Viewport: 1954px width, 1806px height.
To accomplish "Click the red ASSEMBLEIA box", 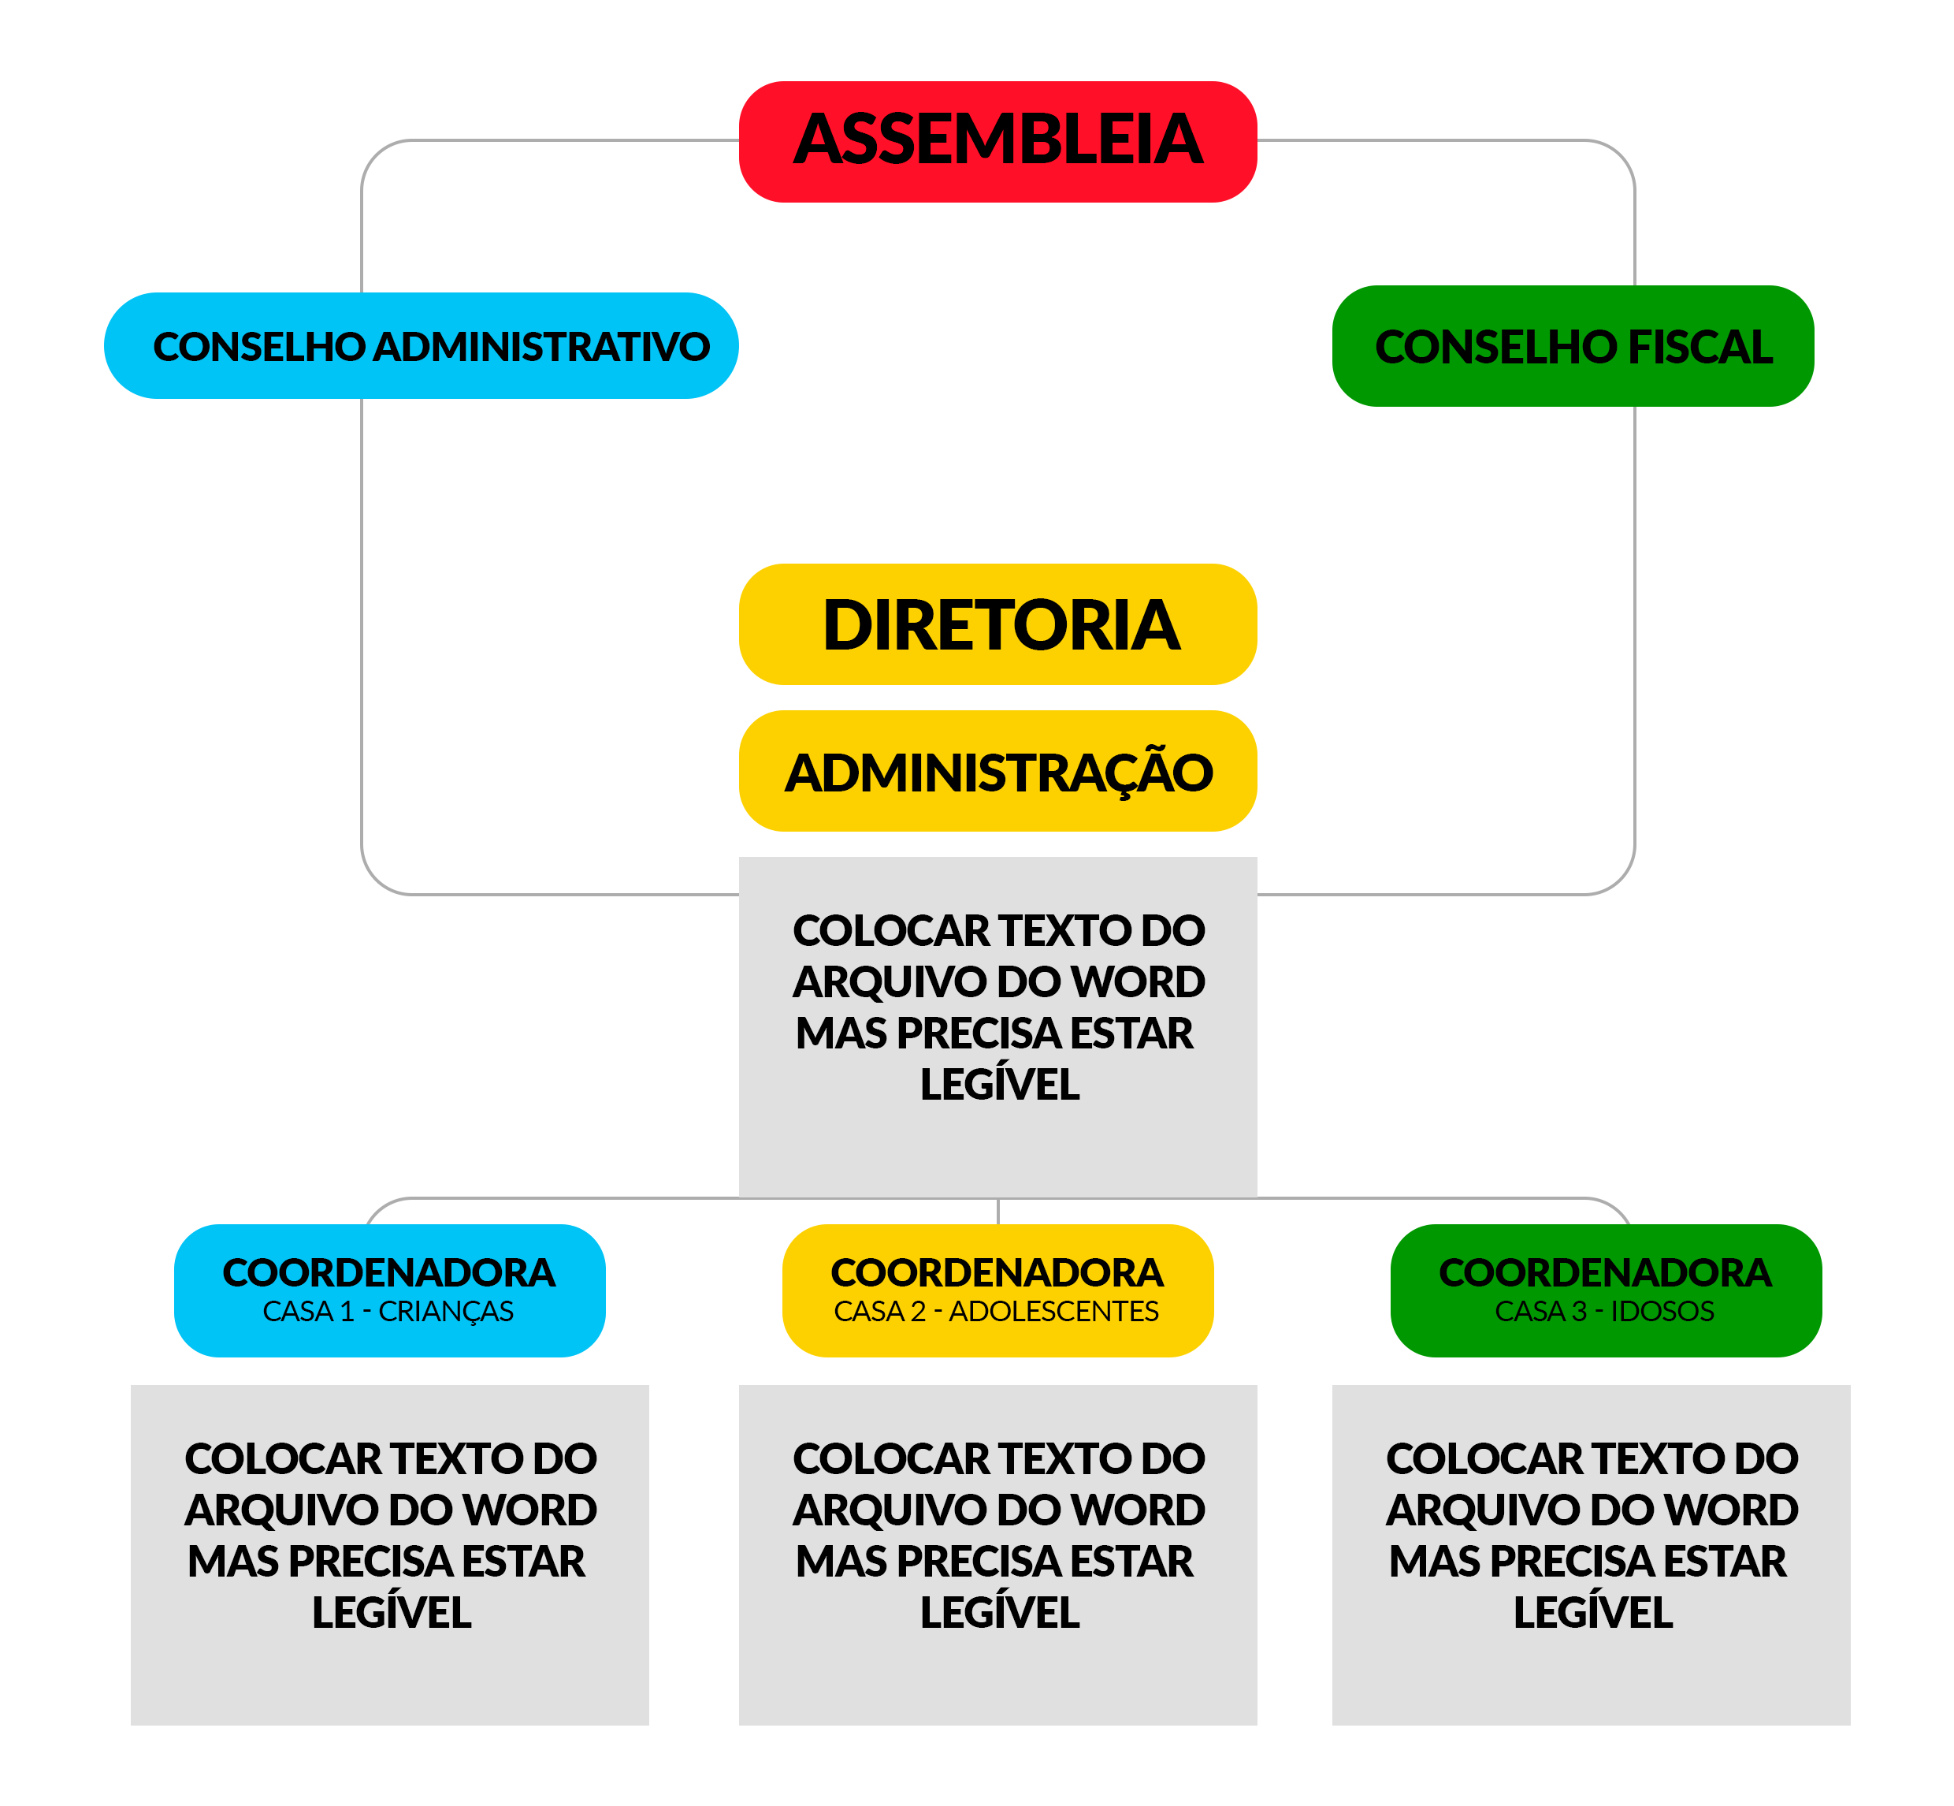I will [x=997, y=142].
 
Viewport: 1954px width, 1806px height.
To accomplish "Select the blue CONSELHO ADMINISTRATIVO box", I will [x=421, y=345].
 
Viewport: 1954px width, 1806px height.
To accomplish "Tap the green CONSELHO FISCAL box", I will [x=1572, y=346].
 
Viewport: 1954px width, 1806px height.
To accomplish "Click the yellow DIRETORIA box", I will [x=997, y=624].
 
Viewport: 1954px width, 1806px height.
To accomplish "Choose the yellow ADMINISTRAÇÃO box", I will [x=997, y=772].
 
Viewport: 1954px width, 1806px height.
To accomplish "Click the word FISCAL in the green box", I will [x=1700, y=347].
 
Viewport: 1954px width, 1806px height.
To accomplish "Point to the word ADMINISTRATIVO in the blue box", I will [x=542, y=347].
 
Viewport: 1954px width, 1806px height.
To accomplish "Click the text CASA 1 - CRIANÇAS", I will [x=388, y=1312].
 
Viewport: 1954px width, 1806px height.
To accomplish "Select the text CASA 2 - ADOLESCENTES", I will [x=996, y=1312].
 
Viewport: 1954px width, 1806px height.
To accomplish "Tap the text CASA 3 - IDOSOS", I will [x=1604, y=1312].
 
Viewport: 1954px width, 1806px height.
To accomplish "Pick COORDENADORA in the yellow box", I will [x=997, y=1272].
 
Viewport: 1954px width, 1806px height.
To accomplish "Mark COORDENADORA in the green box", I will [x=1605, y=1272].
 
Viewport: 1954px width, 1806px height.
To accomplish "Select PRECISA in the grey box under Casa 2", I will [x=978, y=1562].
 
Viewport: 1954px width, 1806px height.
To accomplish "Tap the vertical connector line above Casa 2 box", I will [x=997, y=1211].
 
